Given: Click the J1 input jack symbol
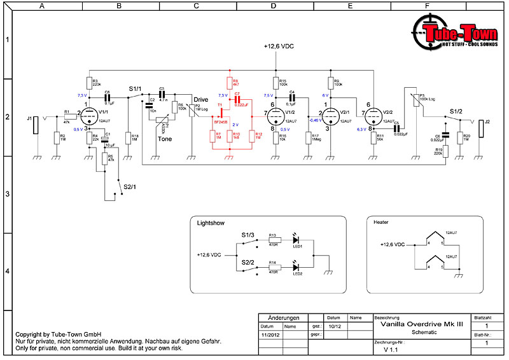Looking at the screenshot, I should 37,125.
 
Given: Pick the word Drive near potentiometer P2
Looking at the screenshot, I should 201,100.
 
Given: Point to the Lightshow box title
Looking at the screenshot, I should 211,224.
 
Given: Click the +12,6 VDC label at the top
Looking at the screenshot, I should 279,46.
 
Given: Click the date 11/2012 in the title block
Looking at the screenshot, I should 270,334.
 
